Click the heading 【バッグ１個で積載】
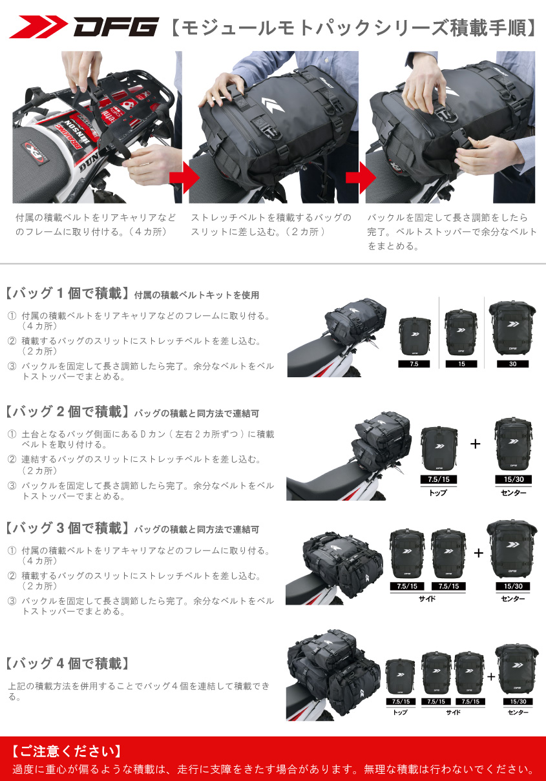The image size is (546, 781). tap(66, 293)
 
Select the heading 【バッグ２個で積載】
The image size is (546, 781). tap(66, 411)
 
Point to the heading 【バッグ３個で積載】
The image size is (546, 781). tap(66, 528)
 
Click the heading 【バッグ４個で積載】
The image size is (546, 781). tap(67, 663)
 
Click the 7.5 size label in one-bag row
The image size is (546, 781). tap(414, 364)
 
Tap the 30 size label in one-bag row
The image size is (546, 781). tap(512, 364)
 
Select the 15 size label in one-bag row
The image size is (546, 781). tap(461, 364)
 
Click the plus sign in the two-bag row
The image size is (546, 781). tap(476, 444)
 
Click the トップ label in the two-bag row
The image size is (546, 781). tap(438, 493)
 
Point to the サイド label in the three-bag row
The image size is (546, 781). tap(427, 599)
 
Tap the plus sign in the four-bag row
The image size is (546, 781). tap(491, 676)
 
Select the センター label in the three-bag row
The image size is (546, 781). tap(513, 599)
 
